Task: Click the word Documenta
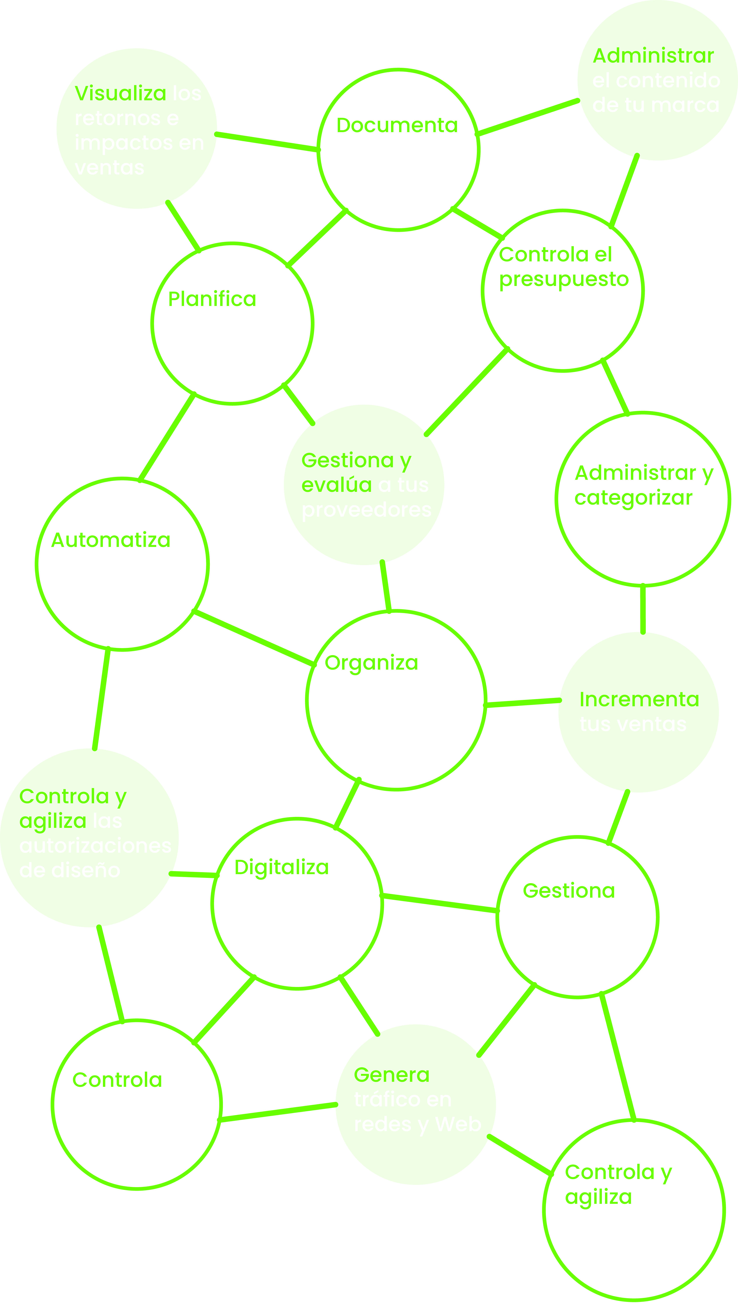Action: pyautogui.click(x=397, y=125)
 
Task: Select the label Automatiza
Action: pyautogui.click(x=111, y=540)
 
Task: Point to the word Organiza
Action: pyautogui.click(x=371, y=663)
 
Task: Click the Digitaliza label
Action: pyautogui.click(x=281, y=867)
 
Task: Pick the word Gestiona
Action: pyautogui.click(x=569, y=891)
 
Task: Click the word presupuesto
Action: pyautogui.click(x=564, y=280)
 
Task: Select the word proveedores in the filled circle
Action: pyautogui.click(x=366, y=510)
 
